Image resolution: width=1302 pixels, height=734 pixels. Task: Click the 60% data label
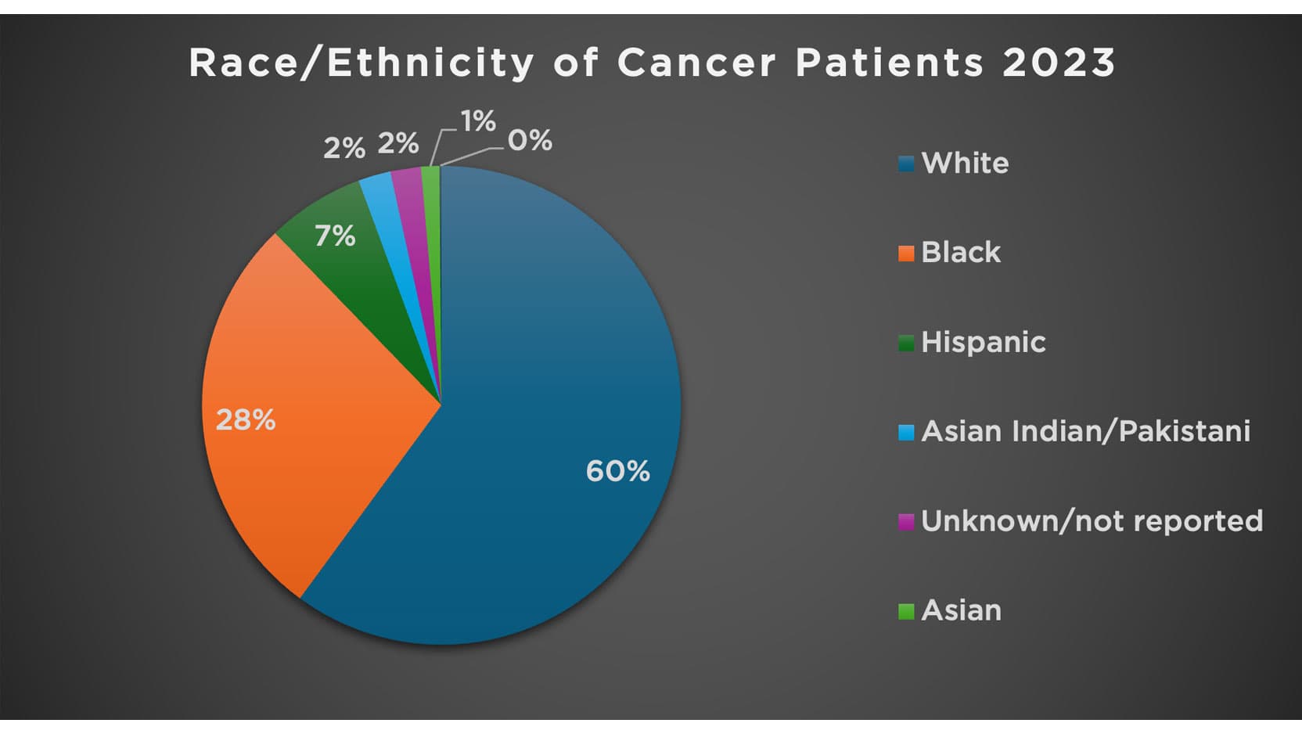[617, 471]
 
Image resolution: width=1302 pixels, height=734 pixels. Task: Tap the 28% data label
[245, 420]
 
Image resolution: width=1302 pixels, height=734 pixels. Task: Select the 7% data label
[335, 236]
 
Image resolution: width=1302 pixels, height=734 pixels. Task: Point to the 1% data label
[478, 121]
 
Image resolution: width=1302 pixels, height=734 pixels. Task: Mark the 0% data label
[530, 141]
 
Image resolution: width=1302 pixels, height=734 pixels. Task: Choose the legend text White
[965, 164]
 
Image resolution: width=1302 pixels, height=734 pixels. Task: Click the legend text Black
[961, 253]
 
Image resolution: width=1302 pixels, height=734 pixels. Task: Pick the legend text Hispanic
[984, 342]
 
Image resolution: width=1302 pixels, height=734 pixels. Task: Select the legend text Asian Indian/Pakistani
[1085, 431]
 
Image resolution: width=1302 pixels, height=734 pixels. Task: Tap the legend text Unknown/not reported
[1092, 521]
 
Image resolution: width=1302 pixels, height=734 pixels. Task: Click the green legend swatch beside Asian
[906, 611]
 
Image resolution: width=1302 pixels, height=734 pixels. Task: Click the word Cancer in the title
[696, 63]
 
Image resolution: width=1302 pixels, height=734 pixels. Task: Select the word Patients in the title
[889, 63]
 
